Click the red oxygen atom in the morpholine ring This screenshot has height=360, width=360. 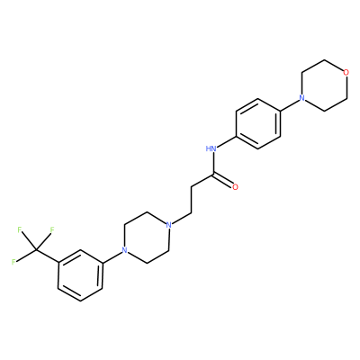click(346, 72)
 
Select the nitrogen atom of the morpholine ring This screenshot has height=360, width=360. click(302, 98)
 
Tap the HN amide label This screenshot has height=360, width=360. click(211, 148)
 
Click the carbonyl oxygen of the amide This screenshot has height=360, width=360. click(235, 187)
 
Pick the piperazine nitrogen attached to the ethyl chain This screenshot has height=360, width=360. click(169, 225)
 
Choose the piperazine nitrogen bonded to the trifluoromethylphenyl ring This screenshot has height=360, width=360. click(124, 250)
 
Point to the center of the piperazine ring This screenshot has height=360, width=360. click(147, 238)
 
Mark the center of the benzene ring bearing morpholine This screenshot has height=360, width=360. click(258, 123)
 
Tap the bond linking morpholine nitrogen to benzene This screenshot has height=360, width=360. click(290, 104)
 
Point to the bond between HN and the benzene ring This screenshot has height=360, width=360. click(227, 141)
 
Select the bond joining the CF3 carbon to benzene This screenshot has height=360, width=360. click(47, 256)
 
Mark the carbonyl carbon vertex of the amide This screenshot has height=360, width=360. click(213, 175)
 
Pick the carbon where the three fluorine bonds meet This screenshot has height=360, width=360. click(36, 249)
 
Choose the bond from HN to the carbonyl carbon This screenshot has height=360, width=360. click(213, 163)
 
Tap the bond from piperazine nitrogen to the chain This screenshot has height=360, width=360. click(182, 219)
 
